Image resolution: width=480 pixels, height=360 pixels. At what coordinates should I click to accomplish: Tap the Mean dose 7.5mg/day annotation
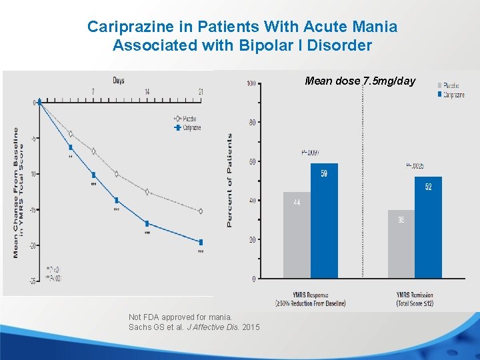pyautogui.click(x=360, y=81)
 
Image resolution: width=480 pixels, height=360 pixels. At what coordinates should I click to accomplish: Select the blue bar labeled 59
pyautogui.click(x=324, y=221)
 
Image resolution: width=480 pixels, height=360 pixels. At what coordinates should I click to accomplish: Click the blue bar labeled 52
pyautogui.click(x=428, y=227)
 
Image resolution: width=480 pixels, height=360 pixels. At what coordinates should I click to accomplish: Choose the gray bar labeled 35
pyautogui.click(x=401, y=244)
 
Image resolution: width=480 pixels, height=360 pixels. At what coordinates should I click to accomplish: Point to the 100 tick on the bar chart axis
pyautogui.click(x=251, y=83)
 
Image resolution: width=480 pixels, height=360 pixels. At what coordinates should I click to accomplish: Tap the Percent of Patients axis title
pyautogui.click(x=230, y=180)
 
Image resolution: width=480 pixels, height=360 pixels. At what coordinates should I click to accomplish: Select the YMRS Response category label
pyautogui.click(x=310, y=299)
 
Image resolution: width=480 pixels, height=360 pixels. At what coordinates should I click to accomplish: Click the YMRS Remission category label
pyautogui.click(x=415, y=299)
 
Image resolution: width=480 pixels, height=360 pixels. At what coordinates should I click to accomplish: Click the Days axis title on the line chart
pyautogui.click(x=118, y=81)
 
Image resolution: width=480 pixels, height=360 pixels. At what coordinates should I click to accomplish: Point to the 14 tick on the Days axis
pyautogui.click(x=147, y=91)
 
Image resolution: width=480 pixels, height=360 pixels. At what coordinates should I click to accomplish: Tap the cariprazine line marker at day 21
pyautogui.click(x=201, y=242)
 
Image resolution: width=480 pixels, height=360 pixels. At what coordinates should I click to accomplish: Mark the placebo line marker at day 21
pyautogui.click(x=201, y=211)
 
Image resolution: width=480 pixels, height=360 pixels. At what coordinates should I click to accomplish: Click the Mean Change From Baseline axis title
pyautogui.click(x=17, y=193)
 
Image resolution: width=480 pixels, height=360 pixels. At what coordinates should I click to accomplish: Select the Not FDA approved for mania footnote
pyautogui.click(x=180, y=317)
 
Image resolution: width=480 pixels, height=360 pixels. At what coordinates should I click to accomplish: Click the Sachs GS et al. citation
pyautogui.click(x=194, y=327)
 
